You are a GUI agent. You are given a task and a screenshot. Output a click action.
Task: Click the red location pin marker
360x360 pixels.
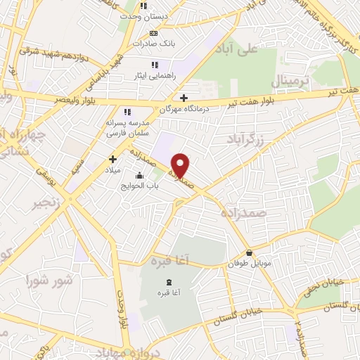[x=181, y=166]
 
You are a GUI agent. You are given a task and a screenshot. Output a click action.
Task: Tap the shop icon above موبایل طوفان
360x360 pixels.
[x=249, y=253]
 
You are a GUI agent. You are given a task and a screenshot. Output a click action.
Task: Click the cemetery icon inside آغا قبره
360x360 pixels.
[x=166, y=282]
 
